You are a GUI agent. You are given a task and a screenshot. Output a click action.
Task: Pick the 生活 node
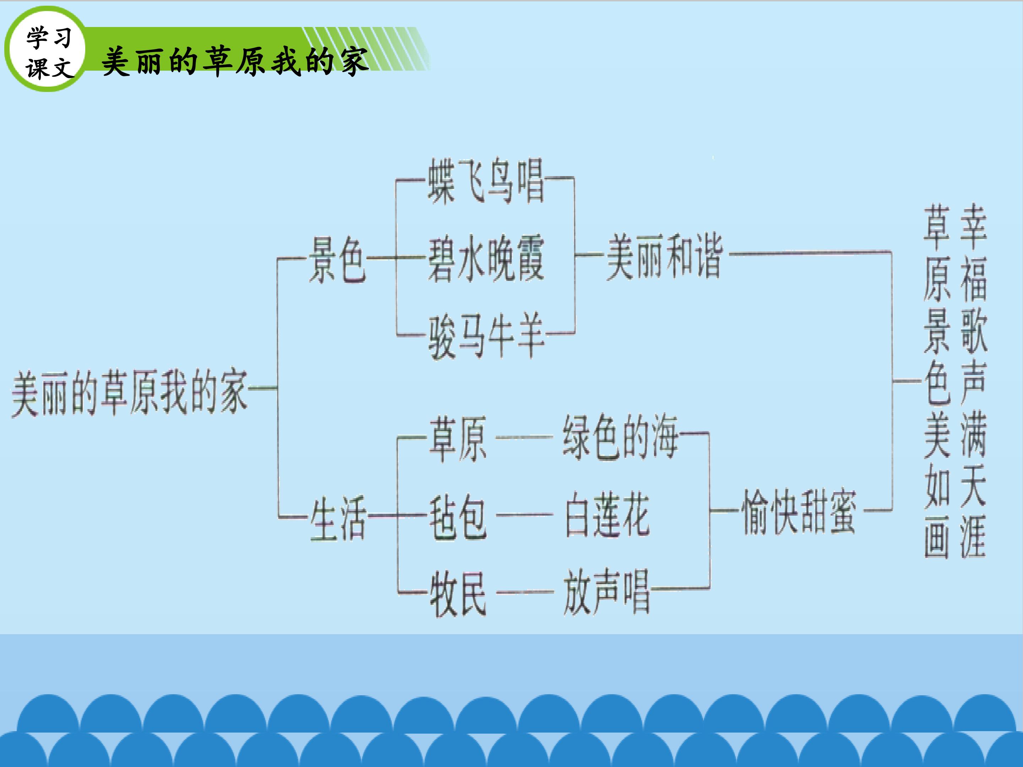coord(338,518)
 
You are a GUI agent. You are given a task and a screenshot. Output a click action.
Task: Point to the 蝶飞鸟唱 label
coord(486,181)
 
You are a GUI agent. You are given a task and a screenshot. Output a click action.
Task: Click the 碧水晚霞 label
coord(486,259)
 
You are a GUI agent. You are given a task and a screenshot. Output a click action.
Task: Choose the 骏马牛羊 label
coord(486,336)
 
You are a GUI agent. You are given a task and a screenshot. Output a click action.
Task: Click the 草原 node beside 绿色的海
coord(458,438)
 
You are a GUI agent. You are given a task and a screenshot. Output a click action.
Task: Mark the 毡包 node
coord(458,516)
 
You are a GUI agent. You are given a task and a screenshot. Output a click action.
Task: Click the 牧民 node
coord(458,594)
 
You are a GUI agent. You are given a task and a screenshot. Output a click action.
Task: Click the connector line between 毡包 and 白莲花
coord(524,515)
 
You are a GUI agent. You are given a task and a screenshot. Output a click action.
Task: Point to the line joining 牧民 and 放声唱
coord(524,592)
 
